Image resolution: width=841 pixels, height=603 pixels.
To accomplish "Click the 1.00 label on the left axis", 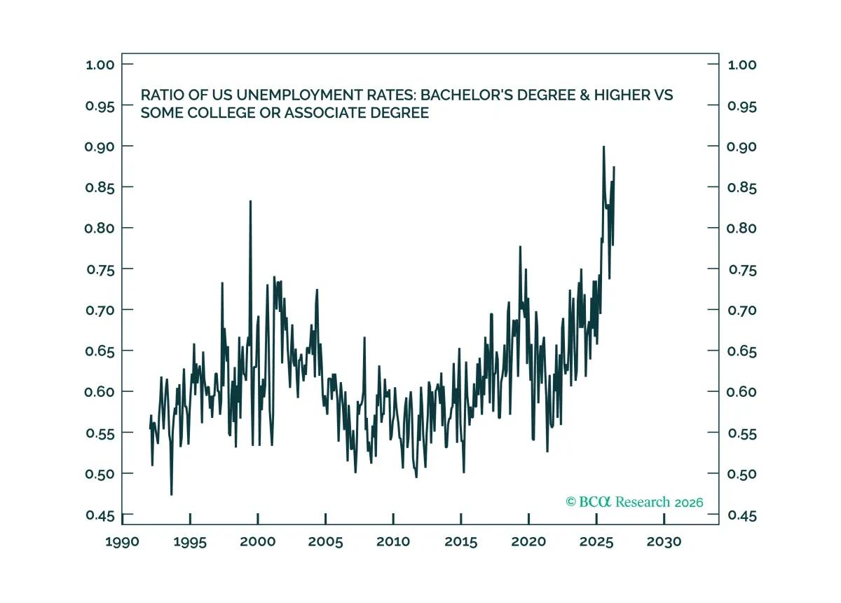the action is click(100, 65).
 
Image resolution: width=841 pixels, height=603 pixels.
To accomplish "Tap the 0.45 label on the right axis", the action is click(742, 515).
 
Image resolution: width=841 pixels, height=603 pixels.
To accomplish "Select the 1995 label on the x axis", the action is click(190, 542).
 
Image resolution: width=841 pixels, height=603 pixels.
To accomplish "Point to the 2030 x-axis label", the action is click(664, 542).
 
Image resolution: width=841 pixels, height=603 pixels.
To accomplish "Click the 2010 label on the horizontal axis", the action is click(393, 542).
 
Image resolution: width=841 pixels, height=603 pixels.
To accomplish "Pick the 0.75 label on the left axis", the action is click(101, 270).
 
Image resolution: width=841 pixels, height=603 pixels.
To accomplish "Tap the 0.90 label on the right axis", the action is click(741, 147).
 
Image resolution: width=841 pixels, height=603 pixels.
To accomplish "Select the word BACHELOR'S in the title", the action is click(467, 95).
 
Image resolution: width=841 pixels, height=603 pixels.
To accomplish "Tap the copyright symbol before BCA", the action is click(570, 501).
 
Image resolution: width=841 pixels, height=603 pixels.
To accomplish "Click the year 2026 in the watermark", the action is click(689, 503).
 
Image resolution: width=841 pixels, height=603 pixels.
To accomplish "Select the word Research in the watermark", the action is click(643, 502).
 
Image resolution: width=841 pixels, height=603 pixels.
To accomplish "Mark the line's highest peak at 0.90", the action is click(603, 147).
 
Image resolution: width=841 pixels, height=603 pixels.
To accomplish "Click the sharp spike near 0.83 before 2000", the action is click(250, 201).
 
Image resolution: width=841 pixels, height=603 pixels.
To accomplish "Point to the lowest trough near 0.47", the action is click(172, 494).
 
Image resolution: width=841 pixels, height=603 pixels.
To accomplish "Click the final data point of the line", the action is click(614, 167).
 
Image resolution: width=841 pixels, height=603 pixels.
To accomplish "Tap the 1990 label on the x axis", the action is click(122, 542).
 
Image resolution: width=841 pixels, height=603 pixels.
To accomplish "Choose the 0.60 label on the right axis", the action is click(741, 392).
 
